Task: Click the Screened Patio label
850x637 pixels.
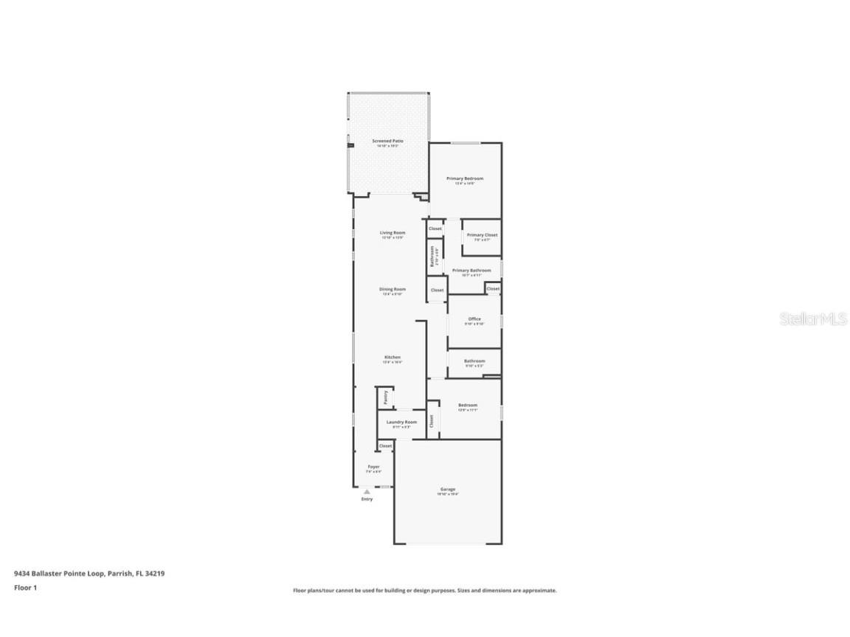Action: point(387,141)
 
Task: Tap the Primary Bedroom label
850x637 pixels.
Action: point(465,178)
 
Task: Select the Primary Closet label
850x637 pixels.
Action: point(482,235)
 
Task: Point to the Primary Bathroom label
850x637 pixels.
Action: point(471,271)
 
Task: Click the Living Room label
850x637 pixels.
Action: point(393,233)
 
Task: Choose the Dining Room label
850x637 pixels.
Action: point(393,289)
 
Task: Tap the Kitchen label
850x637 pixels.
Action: point(392,358)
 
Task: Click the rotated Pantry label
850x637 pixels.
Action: point(385,397)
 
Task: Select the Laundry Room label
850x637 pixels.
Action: point(401,422)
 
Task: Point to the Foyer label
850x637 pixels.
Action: point(374,467)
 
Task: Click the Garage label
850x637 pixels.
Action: point(448,489)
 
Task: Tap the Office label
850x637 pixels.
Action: point(474,319)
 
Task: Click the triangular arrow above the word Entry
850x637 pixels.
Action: point(367,491)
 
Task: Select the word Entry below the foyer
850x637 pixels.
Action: point(367,499)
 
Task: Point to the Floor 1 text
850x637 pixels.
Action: point(25,588)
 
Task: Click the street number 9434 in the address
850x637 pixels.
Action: point(22,573)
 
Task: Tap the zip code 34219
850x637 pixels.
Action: point(154,573)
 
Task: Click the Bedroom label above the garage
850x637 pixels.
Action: point(468,405)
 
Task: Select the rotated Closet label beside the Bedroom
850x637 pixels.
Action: point(432,421)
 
